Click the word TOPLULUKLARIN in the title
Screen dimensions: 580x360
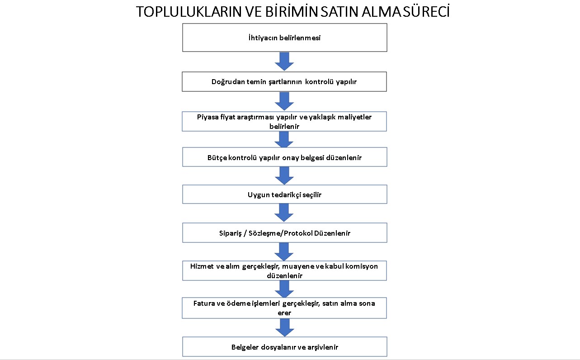tap(189, 12)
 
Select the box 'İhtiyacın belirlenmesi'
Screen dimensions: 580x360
tap(284, 38)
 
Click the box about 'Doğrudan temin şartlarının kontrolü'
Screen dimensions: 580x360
tap(284, 81)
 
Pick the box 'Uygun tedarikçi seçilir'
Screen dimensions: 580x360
tap(284, 194)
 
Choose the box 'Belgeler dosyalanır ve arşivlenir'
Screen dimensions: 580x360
tap(284, 347)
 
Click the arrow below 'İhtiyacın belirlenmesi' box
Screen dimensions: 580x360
tap(284, 62)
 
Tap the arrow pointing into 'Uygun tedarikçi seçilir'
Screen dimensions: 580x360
tap(284, 175)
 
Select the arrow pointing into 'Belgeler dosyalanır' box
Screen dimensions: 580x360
tap(284, 327)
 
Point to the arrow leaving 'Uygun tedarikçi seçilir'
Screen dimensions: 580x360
tap(284, 213)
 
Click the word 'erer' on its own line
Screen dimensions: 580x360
tap(284, 313)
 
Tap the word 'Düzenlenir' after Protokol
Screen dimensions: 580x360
tap(332, 233)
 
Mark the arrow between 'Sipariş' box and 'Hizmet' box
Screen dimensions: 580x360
tap(284, 251)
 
